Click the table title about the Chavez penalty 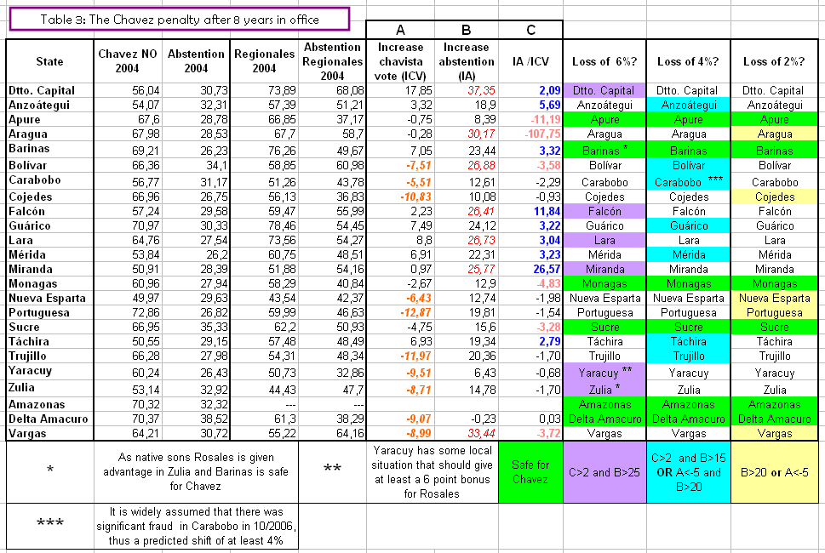pyautogui.click(x=180, y=20)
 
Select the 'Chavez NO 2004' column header pyautogui.click(x=128, y=61)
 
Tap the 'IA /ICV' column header pyautogui.click(x=530, y=61)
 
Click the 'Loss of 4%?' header pyautogui.click(x=688, y=61)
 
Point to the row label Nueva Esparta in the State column pyautogui.click(x=47, y=298)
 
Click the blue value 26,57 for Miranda pyautogui.click(x=547, y=269)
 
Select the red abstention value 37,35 pyautogui.click(x=481, y=90)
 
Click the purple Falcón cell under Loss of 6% pyautogui.click(x=604, y=211)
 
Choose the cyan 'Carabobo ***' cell pyautogui.click(x=688, y=182)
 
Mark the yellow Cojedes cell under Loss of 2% pyautogui.click(x=775, y=197)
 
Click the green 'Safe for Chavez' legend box pyautogui.click(x=530, y=472)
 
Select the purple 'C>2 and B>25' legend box pyautogui.click(x=604, y=472)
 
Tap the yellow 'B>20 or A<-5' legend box pyautogui.click(x=775, y=472)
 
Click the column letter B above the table pyautogui.click(x=467, y=30)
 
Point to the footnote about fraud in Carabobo pyautogui.click(x=196, y=526)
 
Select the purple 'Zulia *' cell pyautogui.click(x=604, y=390)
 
